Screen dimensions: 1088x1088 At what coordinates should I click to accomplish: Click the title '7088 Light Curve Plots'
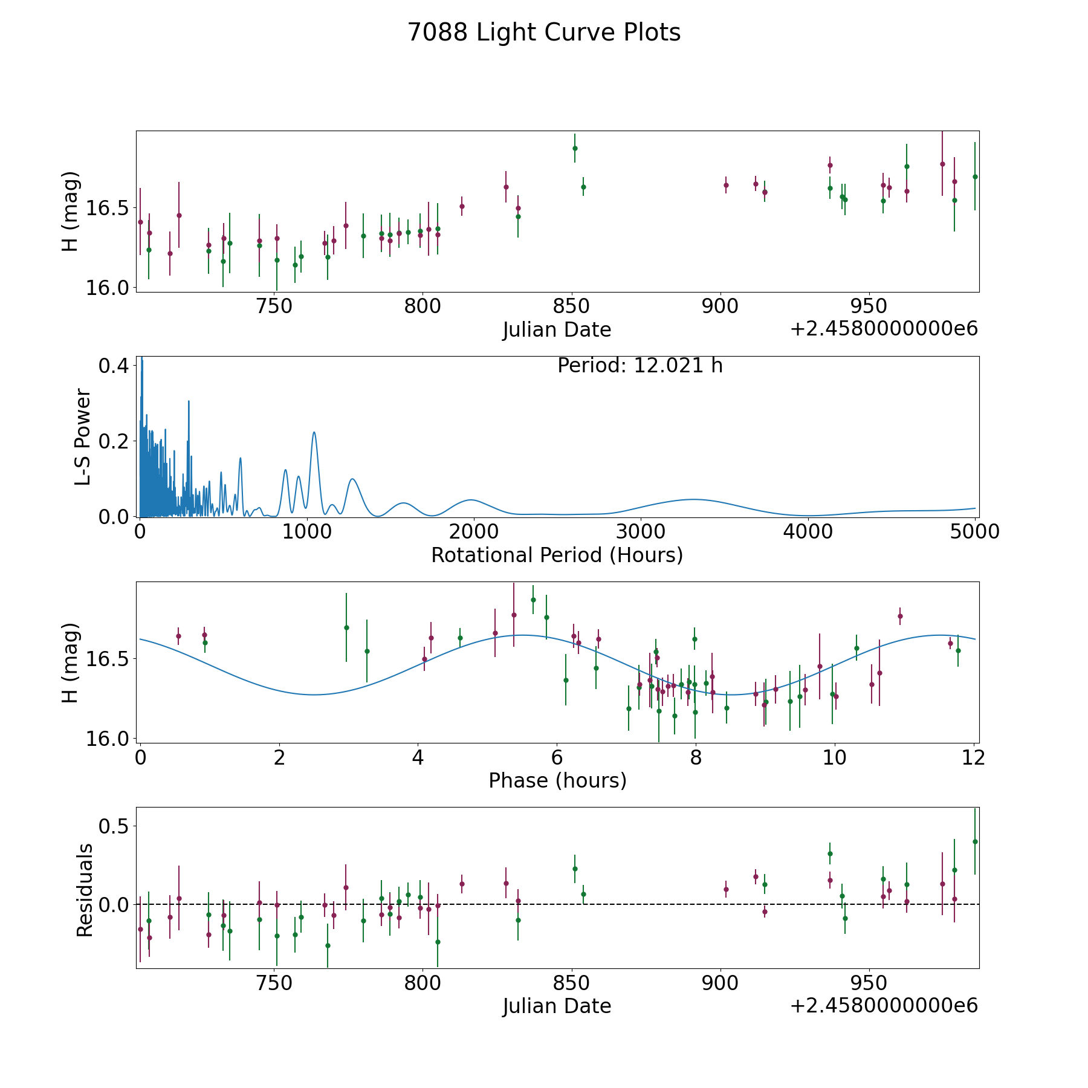[x=544, y=33]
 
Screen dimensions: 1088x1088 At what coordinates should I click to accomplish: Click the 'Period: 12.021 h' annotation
[x=640, y=366]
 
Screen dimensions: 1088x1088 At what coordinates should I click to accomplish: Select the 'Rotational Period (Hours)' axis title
[x=557, y=555]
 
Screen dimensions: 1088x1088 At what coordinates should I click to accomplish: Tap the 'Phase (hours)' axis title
[x=557, y=780]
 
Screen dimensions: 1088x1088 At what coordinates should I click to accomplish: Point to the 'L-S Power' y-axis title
[x=83, y=437]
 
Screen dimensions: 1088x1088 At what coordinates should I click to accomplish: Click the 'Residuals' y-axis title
[x=85, y=890]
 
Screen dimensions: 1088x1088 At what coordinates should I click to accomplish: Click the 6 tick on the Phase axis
[x=557, y=757]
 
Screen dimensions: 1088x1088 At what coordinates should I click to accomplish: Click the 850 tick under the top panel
[x=571, y=306]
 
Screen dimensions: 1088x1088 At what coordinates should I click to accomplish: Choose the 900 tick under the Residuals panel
[x=720, y=983]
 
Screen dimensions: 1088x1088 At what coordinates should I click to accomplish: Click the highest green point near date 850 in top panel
[x=575, y=148]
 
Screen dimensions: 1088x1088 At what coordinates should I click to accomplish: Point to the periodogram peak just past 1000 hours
[x=314, y=433]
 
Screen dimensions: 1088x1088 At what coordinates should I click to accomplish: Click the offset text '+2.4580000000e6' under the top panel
[x=884, y=329]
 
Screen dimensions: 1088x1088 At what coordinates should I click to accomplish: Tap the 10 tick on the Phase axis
[x=834, y=757]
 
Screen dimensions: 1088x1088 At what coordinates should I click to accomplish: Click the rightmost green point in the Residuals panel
[x=974, y=841]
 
